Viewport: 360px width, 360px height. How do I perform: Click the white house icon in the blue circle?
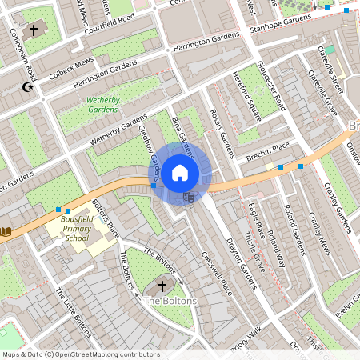pyautogui.click(x=180, y=172)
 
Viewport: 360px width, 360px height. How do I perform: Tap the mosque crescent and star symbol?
pyautogui.click(x=29, y=87)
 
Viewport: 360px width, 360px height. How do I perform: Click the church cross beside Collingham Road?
pyautogui.click(x=33, y=30)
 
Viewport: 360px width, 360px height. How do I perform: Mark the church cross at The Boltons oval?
pyautogui.click(x=162, y=285)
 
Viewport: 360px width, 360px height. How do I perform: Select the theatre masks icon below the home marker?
pyautogui.click(x=190, y=196)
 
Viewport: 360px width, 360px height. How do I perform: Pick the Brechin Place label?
pyautogui.click(x=269, y=147)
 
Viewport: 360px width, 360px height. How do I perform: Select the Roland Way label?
pyautogui.click(x=276, y=248)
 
